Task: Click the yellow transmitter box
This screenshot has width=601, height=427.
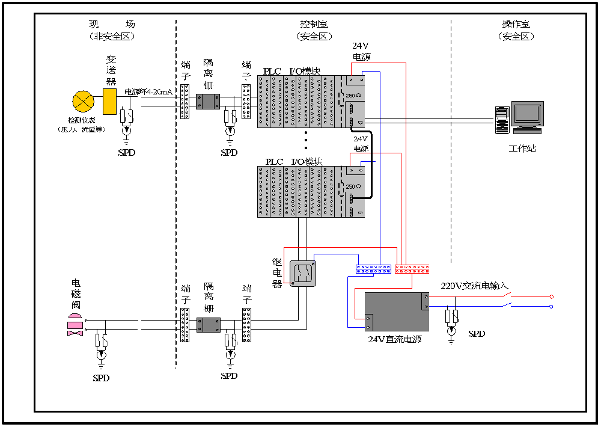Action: (109, 102)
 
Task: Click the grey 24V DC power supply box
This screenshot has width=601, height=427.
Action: (397, 312)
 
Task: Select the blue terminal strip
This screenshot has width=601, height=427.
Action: (373, 269)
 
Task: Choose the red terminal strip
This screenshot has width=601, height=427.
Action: (412, 269)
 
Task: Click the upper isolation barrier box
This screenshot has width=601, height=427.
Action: (209, 102)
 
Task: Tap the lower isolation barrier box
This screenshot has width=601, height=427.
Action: (209, 325)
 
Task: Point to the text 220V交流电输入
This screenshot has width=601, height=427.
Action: (474, 286)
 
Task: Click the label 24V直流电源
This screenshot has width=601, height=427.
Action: (395, 339)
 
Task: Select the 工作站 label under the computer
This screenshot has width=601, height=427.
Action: (522, 148)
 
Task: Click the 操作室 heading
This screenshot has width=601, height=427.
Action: (516, 25)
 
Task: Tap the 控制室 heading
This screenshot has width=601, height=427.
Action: (314, 25)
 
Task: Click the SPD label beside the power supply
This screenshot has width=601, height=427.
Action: (476, 334)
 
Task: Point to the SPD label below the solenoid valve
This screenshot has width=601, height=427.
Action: (102, 378)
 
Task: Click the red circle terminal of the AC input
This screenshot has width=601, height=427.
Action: (552, 296)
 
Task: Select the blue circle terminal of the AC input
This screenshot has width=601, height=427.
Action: (552, 306)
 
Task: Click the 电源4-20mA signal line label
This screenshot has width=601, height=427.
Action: (148, 92)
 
